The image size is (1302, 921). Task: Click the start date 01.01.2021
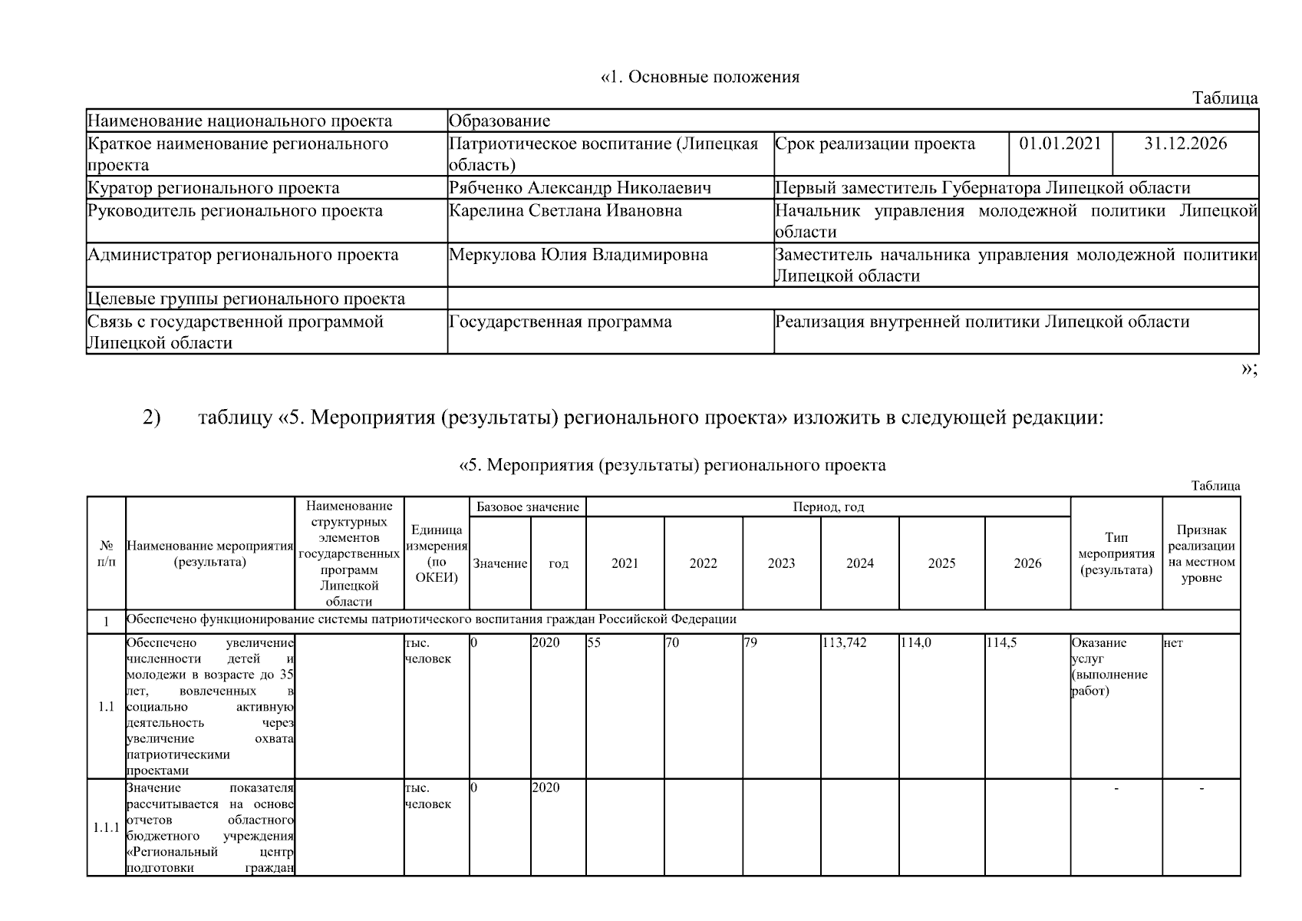(1060, 144)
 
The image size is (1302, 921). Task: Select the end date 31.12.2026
(1185, 144)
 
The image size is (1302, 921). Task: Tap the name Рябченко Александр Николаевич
(579, 188)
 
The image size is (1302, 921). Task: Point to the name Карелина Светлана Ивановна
(565, 211)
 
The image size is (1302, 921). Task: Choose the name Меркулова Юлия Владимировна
(578, 255)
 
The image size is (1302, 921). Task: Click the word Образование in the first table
(499, 121)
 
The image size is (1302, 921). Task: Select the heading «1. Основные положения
(700, 77)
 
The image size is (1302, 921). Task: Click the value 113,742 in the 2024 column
(844, 643)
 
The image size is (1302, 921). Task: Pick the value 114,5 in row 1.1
(1001, 643)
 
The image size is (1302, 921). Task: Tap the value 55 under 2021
(594, 643)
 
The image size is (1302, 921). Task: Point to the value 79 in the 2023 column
(750, 643)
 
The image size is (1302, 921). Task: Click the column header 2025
(941, 563)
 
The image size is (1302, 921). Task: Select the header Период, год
(828, 507)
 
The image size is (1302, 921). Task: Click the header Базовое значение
(527, 507)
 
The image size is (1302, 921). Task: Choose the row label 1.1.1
(106, 827)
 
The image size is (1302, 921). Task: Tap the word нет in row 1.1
(1173, 643)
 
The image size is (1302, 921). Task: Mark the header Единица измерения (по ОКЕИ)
(436, 553)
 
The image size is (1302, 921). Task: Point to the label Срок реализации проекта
(875, 144)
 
